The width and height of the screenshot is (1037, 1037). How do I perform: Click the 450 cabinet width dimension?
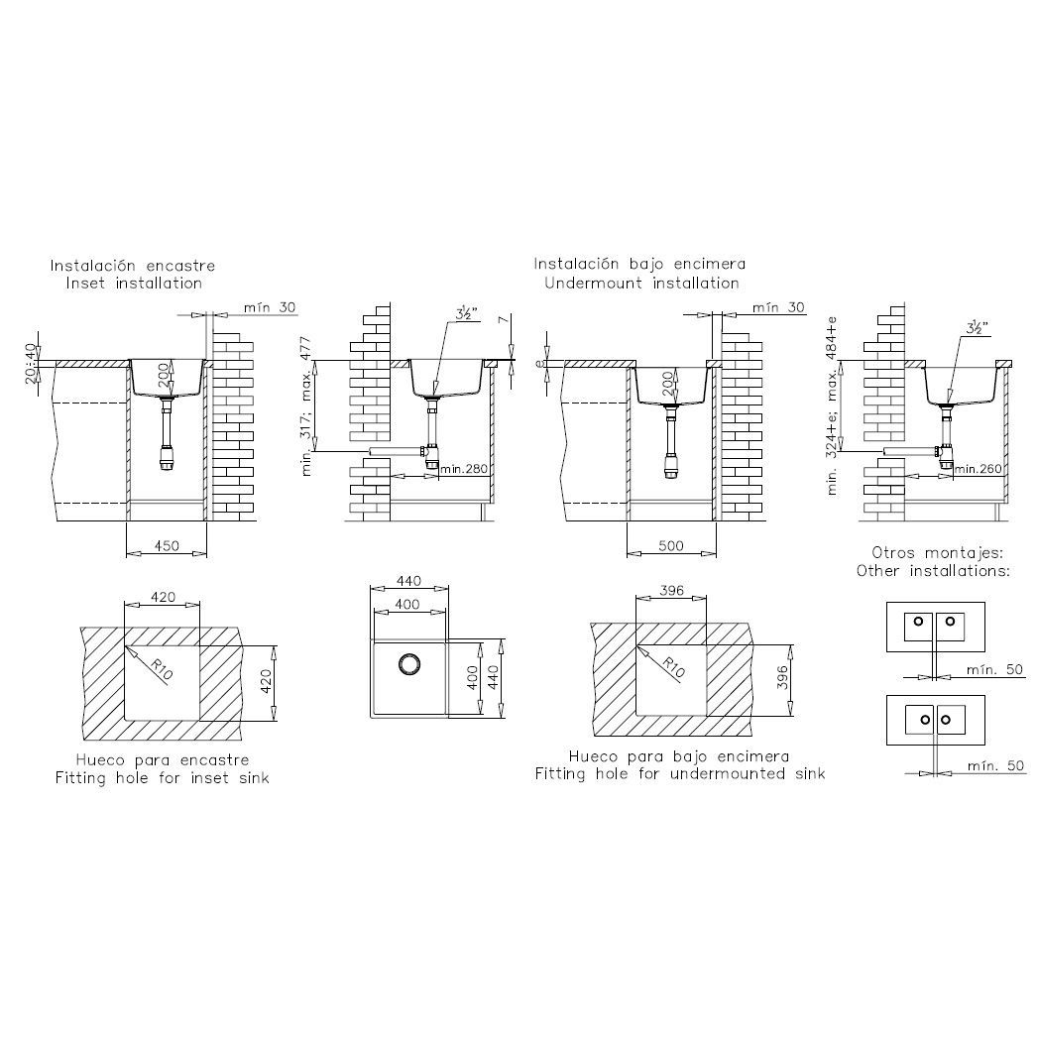tap(167, 545)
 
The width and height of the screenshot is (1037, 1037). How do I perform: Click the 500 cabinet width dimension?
tap(670, 545)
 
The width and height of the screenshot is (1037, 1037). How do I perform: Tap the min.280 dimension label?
tap(464, 469)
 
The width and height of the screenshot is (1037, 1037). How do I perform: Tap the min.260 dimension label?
tap(979, 469)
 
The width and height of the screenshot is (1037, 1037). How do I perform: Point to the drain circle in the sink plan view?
tap(409, 663)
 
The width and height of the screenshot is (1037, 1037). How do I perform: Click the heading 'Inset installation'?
tap(134, 284)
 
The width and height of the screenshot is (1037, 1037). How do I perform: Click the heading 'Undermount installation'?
tap(641, 284)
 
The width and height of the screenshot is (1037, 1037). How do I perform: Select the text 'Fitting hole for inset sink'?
tap(162, 777)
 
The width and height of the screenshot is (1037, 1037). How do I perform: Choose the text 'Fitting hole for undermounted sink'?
tap(680, 773)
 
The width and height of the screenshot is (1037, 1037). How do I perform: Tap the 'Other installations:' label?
tap(933, 571)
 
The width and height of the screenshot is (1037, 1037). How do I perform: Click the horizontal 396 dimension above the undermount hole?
tap(671, 591)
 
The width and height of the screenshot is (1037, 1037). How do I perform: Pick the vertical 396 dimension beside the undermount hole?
tap(782, 678)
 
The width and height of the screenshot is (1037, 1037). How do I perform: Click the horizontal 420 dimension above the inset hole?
tap(163, 597)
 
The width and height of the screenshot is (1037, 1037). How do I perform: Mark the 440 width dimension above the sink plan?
tap(408, 581)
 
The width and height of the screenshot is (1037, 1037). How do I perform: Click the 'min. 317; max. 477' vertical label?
tap(305, 406)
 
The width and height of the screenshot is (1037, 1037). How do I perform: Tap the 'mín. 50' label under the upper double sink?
tap(994, 670)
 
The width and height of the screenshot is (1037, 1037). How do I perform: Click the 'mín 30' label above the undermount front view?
tap(778, 307)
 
